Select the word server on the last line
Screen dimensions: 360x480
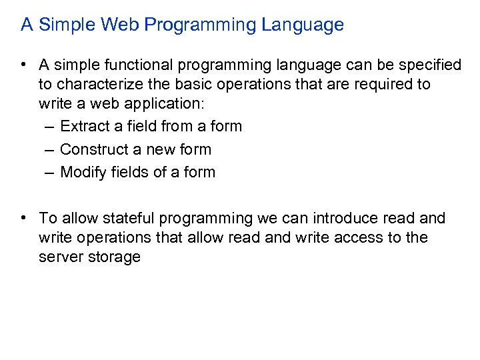tap(58, 257)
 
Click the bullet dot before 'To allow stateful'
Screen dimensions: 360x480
tap(23, 218)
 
